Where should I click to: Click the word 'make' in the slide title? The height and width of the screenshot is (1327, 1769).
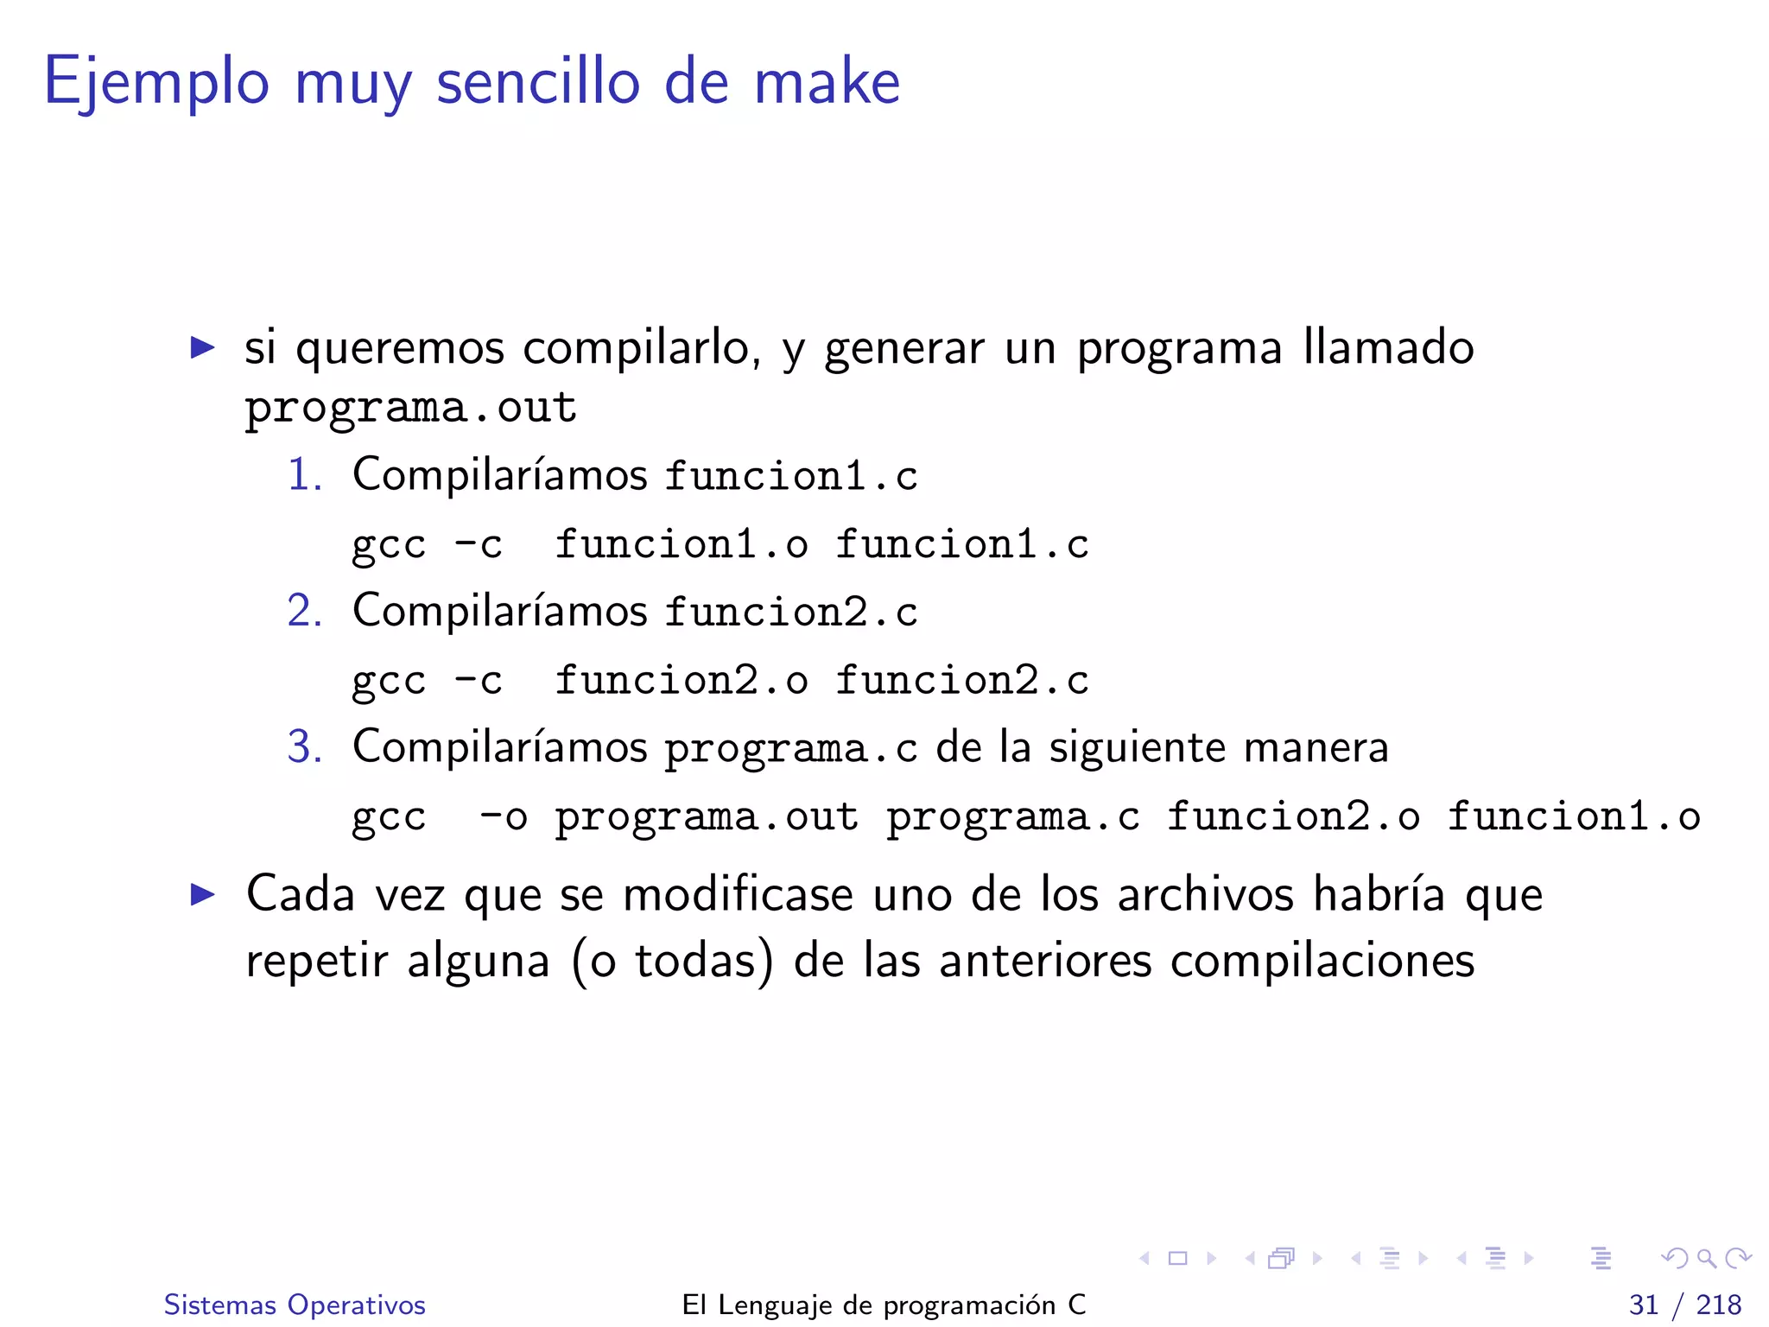pos(827,82)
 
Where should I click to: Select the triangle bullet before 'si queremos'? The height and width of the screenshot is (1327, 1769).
pos(202,348)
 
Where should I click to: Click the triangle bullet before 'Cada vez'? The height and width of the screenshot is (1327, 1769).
pos(202,894)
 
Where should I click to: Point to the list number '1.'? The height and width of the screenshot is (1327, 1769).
pos(305,475)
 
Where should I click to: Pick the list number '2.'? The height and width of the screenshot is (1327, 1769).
pos(305,611)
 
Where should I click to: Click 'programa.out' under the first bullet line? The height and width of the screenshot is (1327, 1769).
pos(410,408)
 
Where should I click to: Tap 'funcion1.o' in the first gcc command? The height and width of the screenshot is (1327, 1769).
pos(682,544)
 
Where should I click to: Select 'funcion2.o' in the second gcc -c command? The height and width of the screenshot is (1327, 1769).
pos(682,681)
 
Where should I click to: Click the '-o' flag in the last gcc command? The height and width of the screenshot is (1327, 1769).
pos(503,817)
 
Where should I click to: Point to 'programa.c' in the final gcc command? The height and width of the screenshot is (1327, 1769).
pos(1013,817)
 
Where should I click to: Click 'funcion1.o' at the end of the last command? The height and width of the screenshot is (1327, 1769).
pos(1574,817)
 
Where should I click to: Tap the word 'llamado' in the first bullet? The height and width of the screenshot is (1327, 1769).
pos(1388,348)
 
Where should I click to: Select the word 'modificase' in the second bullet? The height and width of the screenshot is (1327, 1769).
pos(738,894)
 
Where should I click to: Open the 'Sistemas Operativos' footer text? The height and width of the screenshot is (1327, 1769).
pos(295,1305)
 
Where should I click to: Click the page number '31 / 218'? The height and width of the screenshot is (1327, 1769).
pos(1684,1305)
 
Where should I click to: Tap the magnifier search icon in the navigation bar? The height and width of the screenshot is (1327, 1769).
pos(1706,1259)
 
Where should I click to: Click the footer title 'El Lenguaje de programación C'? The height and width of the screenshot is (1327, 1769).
pos(884,1305)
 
